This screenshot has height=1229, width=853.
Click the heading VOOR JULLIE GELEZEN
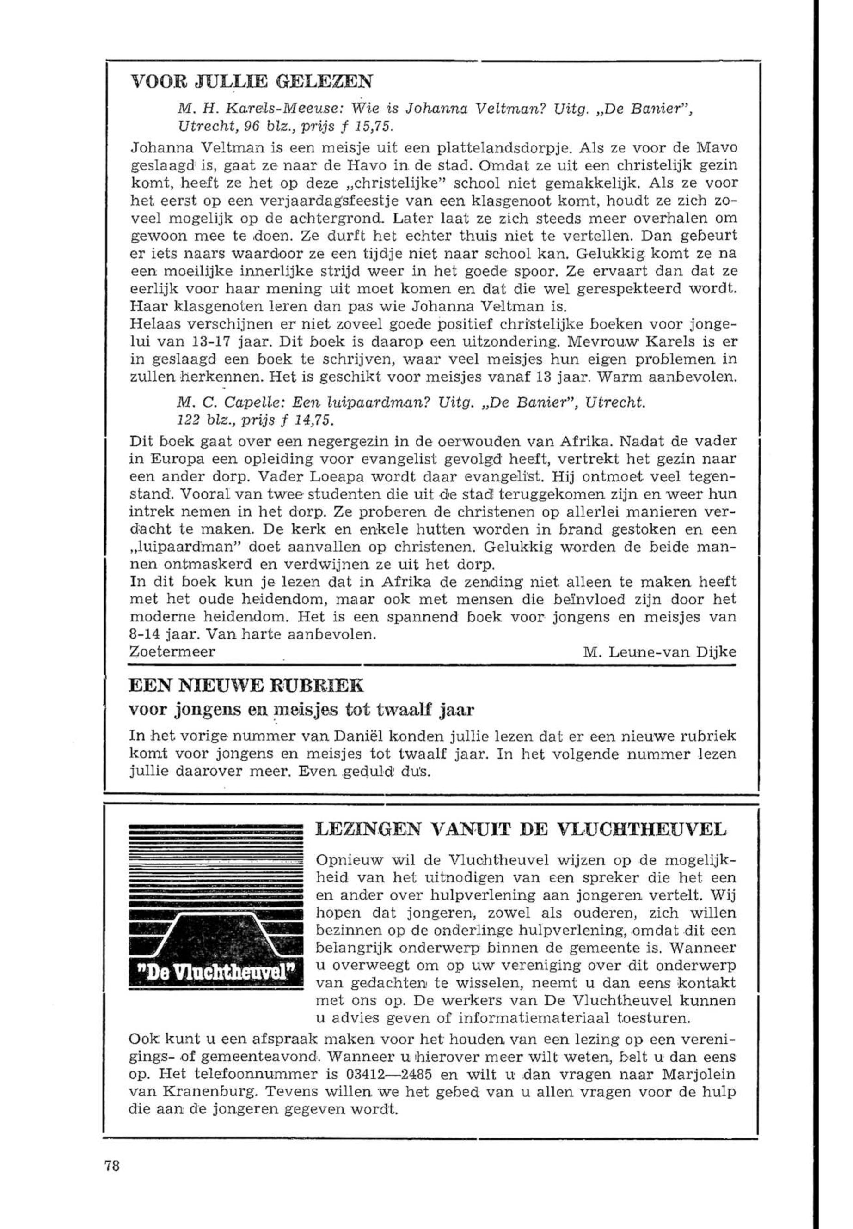tap(251, 82)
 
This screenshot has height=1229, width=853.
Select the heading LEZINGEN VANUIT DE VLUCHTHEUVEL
tap(521, 829)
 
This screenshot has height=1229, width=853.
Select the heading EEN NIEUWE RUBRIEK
tap(246, 685)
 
